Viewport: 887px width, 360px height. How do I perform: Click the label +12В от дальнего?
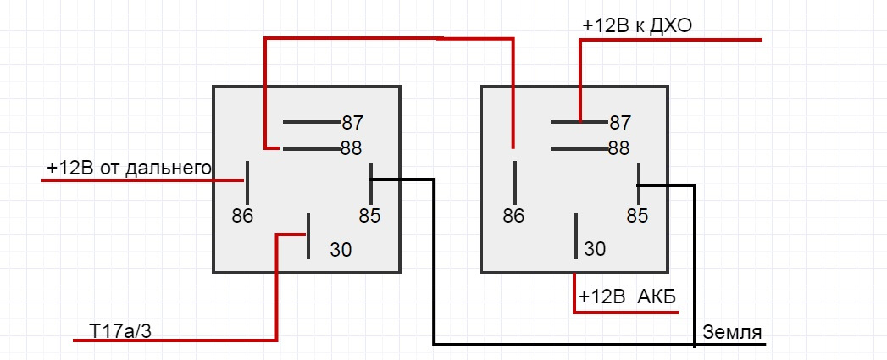coord(129,169)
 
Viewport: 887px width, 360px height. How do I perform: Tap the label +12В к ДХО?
coord(637,26)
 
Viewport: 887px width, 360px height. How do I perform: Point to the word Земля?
coord(732,331)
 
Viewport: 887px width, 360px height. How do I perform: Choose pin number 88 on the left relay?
coord(352,148)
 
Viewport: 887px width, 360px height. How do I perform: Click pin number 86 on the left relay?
coord(242,215)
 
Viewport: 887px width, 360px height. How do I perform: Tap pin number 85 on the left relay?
coord(369,215)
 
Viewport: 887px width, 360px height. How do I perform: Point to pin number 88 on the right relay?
coord(619,148)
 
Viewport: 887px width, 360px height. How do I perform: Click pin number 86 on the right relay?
coord(513,215)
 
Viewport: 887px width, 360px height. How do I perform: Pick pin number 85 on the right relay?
coord(637,215)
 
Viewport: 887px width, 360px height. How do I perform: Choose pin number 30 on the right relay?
coord(596,249)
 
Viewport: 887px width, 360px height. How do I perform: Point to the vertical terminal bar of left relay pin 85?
coord(371,180)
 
